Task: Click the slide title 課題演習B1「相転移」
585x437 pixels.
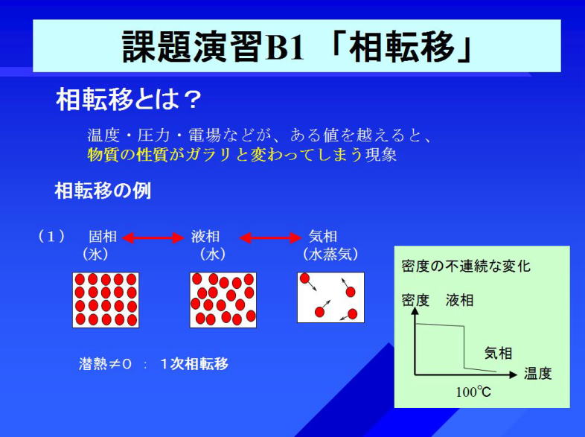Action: (298, 46)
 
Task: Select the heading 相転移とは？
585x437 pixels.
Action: (129, 99)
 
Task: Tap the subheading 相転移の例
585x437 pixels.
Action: (103, 191)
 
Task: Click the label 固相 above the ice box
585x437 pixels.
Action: (103, 237)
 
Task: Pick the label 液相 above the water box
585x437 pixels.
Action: (205, 237)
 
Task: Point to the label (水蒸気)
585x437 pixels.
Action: (330, 254)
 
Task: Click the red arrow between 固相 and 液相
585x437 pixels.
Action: (153, 237)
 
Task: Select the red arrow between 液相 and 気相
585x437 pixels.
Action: (270, 237)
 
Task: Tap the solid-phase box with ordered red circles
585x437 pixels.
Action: (106, 300)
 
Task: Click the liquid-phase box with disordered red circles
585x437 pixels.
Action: (223, 300)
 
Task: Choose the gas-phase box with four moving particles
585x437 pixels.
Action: (330, 298)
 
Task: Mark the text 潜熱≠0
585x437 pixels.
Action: (105, 364)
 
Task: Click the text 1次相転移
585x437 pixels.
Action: (194, 364)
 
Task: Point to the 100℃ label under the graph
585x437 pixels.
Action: (473, 392)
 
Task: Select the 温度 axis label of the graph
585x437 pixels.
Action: (537, 374)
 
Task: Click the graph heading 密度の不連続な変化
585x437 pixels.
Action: (466, 267)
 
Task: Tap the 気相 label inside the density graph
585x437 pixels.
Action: (498, 353)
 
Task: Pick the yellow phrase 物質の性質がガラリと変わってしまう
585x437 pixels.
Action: (225, 155)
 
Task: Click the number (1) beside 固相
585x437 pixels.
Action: (51, 237)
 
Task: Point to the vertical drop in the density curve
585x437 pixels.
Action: (464, 348)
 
